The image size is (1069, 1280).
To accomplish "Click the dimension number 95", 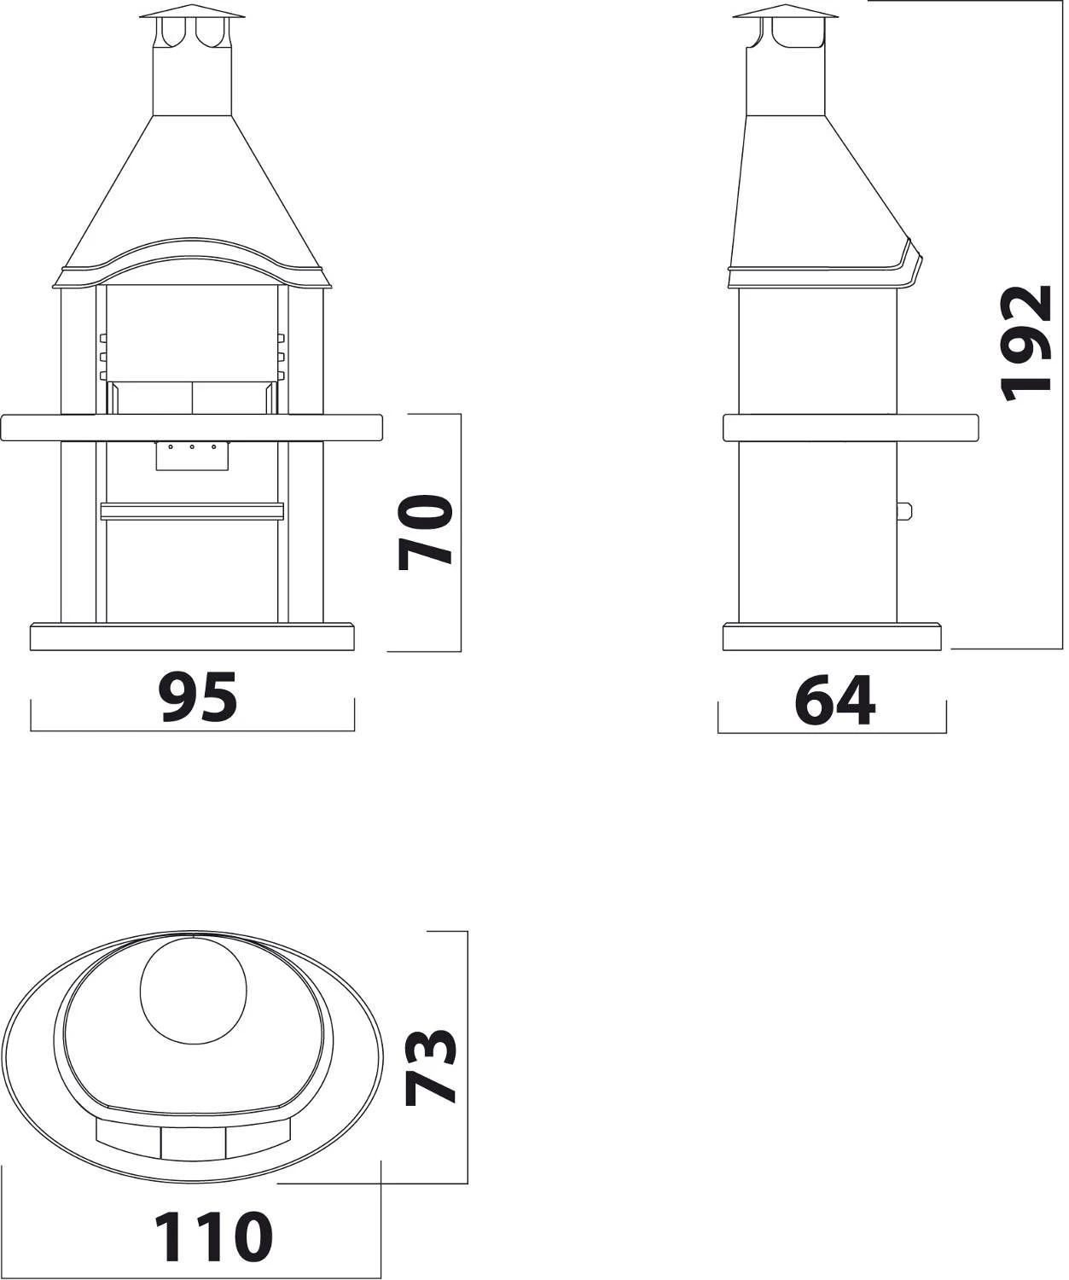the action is pyautogui.click(x=198, y=697).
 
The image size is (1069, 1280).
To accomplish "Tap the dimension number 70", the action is pyautogui.click(x=425, y=532).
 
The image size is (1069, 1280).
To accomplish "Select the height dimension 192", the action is pyautogui.click(x=1025, y=343).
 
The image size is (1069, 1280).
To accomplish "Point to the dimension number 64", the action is pyautogui.click(x=835, y=700).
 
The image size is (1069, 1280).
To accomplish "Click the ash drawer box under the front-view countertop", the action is pyautogui.click(x=192, y=456).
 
